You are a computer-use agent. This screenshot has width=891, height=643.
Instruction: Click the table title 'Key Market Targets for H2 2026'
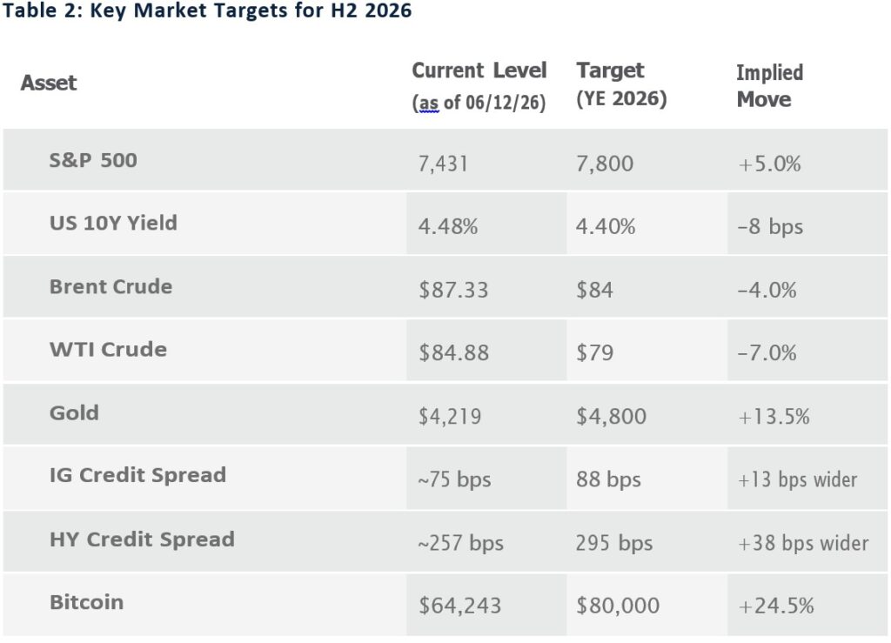coord(251,10)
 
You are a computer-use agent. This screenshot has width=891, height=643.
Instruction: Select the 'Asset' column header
coord(49,83)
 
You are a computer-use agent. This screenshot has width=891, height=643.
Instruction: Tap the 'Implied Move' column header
coord(769,86)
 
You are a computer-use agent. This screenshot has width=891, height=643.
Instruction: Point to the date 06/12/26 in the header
coord(506,103)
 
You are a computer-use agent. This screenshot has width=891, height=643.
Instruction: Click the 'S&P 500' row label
coord(93,160)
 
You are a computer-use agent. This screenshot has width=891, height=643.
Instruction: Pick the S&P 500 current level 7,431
coord(443,164)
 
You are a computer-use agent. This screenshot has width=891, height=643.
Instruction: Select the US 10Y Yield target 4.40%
coord(606,226)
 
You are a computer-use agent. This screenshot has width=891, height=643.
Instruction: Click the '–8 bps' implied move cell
coord(770,226)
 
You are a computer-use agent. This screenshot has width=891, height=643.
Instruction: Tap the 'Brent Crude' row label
coord(111,287)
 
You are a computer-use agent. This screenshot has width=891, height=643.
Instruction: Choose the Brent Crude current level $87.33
coord(453,290)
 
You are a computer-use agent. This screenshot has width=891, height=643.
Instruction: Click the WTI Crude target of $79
coord(594,352)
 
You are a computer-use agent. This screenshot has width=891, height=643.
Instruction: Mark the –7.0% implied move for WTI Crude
coord(767,352)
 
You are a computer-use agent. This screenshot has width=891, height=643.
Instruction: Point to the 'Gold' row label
coord(75,413)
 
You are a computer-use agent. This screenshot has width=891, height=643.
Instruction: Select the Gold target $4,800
coord(611,417)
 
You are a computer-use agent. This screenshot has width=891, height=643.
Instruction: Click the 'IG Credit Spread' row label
coord(137,475)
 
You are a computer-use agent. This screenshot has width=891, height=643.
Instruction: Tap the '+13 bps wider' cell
coord(797,479)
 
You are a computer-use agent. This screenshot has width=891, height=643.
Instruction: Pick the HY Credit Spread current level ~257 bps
coord(461,543)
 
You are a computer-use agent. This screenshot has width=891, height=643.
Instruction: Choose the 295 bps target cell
coord(613,543)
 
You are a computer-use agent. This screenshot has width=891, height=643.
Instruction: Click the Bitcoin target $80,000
coord(618,606)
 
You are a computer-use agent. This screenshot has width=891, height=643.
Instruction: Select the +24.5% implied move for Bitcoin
coord(775,606)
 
